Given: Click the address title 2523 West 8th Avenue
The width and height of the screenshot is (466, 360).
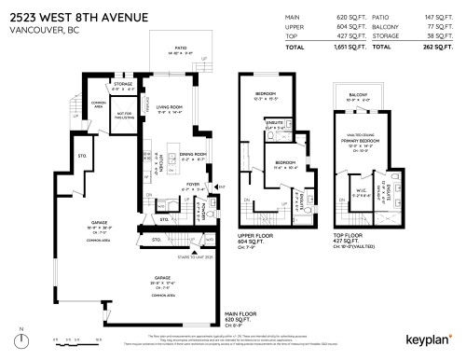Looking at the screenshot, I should click(70, 13).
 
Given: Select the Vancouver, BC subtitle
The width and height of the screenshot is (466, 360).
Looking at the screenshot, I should click(38, 28).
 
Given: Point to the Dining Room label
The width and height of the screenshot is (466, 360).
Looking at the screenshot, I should click(193, 156).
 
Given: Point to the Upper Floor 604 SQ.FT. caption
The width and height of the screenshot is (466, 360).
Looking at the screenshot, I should click(265, 235).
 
